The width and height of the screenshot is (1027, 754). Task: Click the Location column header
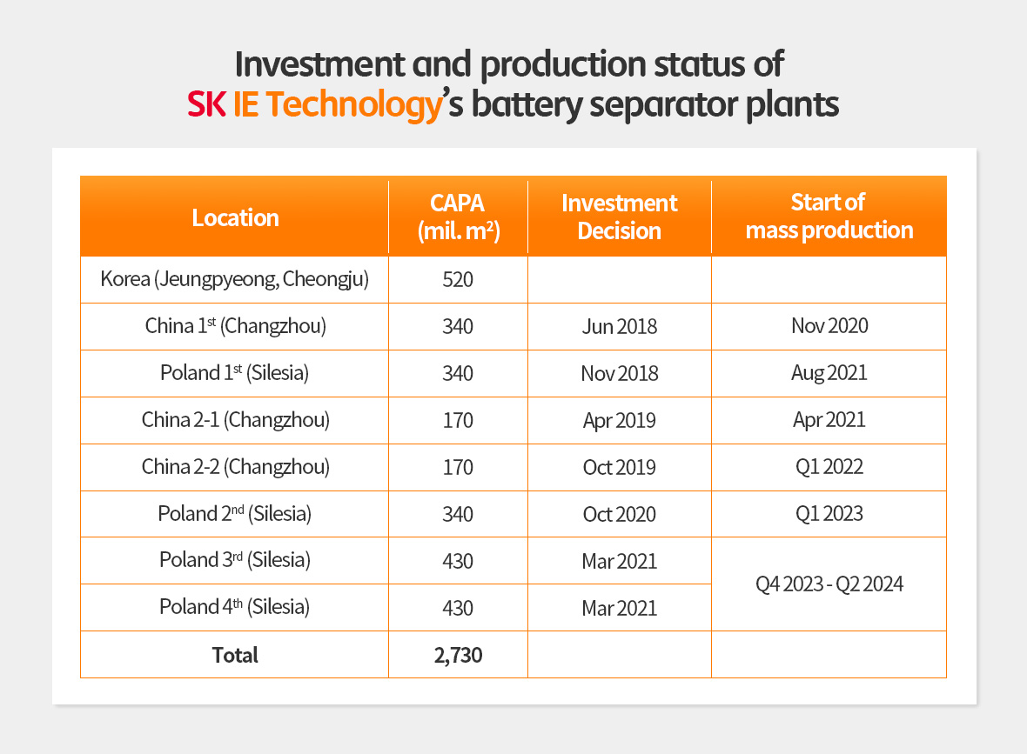[235, 217]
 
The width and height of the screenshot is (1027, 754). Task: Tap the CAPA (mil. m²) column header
[458, 217]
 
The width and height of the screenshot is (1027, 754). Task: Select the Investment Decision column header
[620, 217]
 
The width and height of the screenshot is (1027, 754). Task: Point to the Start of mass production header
[829, 217]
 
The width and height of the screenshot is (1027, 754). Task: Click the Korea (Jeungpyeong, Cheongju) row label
[235, 279]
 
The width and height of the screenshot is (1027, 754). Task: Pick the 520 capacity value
[458, 280]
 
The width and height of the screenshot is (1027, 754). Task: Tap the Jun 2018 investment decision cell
[620, 327]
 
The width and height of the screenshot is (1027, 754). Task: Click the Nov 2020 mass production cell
[829, 326]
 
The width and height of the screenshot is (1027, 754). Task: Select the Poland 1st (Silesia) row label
[235, 373]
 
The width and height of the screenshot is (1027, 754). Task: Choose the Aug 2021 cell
[829, 373]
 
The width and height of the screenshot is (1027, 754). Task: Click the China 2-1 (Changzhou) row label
[235, 420]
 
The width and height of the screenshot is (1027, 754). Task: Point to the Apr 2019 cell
[620, 421]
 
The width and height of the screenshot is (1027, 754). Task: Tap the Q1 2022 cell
[829, 467]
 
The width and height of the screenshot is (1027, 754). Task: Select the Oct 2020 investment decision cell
[620, 514]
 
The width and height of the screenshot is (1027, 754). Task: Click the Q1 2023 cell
[829, 514]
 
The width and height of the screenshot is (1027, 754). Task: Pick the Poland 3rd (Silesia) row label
[235, 560]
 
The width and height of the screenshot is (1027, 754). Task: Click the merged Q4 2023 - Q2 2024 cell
[829, 584]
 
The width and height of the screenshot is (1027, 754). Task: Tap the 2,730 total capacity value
[458, 655]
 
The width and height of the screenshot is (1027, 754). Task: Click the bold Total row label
[235, 655]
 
